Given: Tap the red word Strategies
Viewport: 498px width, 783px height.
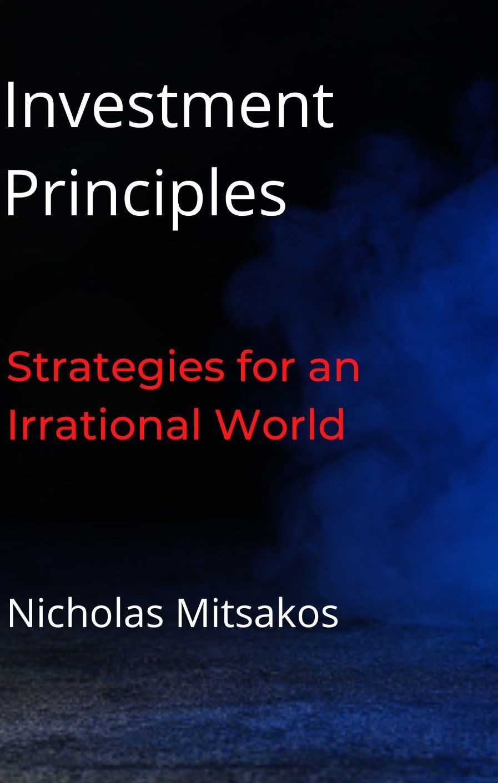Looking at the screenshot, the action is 115,371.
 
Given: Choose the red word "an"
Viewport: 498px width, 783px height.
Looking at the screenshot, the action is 334,371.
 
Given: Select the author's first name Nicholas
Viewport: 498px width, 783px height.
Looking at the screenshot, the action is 85,614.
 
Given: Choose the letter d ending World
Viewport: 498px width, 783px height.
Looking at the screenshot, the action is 331,423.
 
